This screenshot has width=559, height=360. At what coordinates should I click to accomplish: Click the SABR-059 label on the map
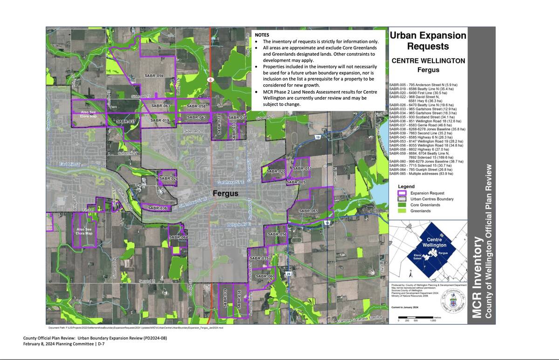click(153, 75)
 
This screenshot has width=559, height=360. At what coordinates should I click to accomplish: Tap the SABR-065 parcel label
click(308, 211)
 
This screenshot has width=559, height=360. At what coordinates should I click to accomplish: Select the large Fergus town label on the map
click(225, 193)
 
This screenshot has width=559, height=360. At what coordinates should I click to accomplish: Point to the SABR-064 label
click(178, 238)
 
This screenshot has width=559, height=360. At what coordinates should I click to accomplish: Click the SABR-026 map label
click(168, 178)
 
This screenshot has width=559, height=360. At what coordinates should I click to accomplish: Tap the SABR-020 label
click(275, 171)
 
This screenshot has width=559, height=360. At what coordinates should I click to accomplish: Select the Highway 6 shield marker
click(211, 80)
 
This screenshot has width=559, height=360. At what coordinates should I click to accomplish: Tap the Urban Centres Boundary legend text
click(432, 199)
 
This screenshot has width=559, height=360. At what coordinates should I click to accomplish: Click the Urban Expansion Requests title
click(428, 41)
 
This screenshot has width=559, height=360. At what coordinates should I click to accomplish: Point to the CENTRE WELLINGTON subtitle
click(428, 61)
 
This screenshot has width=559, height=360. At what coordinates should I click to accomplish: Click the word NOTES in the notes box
click(262, 35)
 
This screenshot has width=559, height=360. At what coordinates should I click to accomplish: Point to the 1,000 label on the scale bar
click(433, 321)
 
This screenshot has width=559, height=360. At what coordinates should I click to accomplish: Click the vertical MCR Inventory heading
click(478, 278)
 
